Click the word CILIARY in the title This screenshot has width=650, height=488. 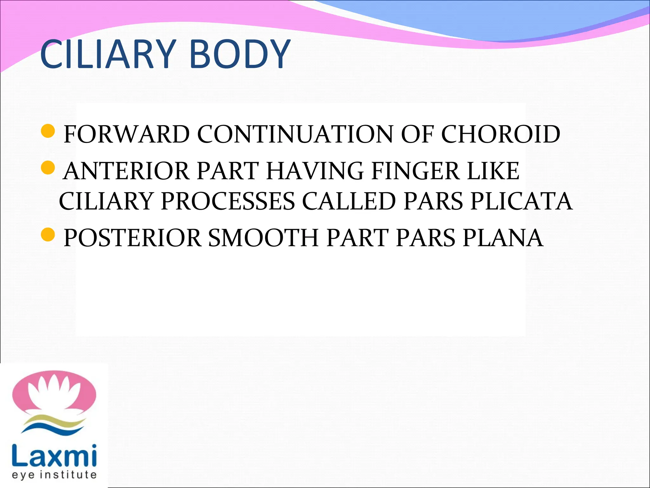pos(108,54)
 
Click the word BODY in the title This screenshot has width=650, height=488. pos(240,54)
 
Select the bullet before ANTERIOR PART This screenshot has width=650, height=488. pos(48,168)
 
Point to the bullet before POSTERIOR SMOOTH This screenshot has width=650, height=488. pos(48,234)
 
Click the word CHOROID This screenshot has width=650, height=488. pos(501,134)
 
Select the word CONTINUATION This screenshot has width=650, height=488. pos(295,134)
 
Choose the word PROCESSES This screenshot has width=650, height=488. pos(228,201)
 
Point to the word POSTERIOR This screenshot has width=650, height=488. pos(132,238)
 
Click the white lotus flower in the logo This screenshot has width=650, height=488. pos(54,392)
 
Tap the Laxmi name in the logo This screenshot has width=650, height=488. pos(54,455)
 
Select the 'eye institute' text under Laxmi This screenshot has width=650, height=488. pos(54,475)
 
